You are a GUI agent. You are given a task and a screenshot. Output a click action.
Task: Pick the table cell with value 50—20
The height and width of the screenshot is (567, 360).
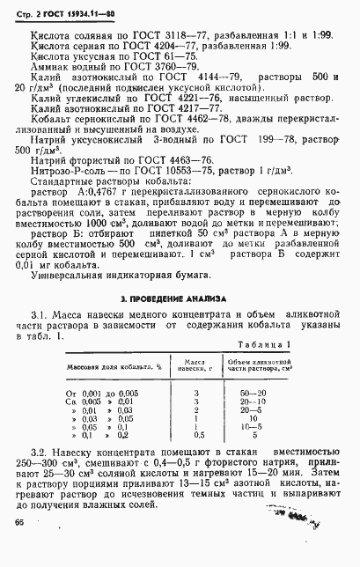255,390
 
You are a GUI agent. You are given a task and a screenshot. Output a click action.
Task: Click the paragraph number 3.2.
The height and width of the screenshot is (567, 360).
40,461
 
